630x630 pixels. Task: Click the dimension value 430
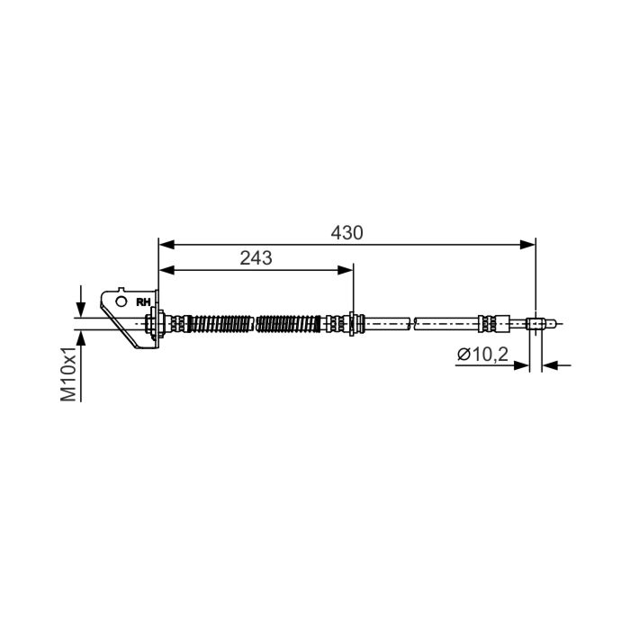(346, 233)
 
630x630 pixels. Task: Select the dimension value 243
(256, 258)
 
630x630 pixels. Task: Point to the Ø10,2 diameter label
(482, 355)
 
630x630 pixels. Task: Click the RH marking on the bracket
(143, 302)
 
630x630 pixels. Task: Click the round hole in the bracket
(121, 301)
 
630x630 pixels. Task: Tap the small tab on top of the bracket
(121, 289)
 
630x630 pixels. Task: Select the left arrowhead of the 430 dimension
(166, 244)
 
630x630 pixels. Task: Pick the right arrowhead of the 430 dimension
(528, 244)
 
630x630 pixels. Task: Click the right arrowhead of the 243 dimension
(345, 270)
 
